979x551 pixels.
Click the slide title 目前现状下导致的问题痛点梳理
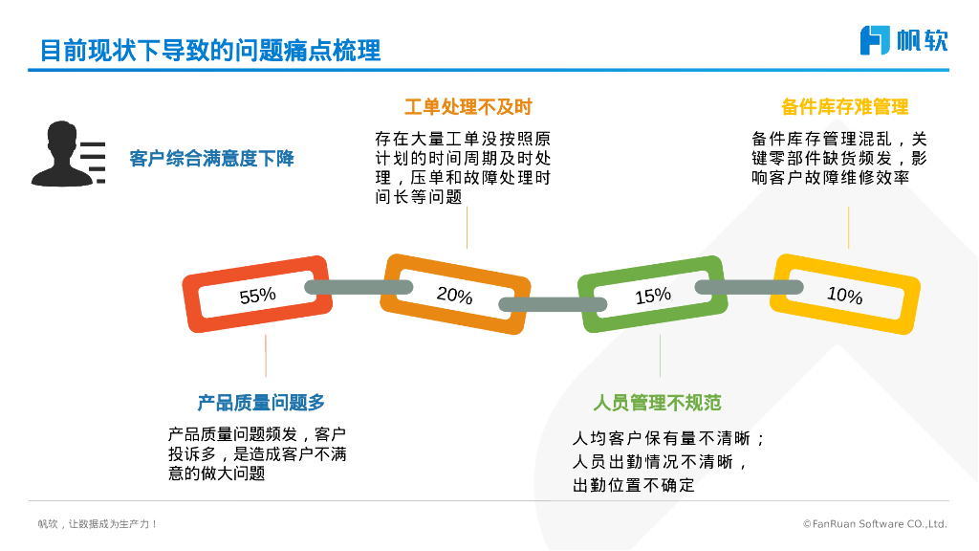(210, 50)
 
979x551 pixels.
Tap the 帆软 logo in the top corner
(903, 40)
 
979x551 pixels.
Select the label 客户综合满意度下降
(211, 159)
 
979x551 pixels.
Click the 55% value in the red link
(257, 296)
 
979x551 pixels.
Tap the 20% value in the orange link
(455, 295)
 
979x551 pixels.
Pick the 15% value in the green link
(653, 296)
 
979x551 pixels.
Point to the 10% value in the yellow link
(844, 295)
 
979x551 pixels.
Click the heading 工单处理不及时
(468, 106)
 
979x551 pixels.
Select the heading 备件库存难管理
(844, 106)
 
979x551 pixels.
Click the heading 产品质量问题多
(261, 403)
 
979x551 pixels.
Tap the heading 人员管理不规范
(657, 403)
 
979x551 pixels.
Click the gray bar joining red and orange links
(358, 287)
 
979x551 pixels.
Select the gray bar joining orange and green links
(554, 305)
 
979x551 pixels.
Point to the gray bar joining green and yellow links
(749, 287)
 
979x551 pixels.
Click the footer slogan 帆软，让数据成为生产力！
(98, 524)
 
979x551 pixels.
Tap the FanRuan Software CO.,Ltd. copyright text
(875, 524)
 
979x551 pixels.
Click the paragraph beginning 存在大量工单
(463, 167)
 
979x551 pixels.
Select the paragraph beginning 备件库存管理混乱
(839, 157)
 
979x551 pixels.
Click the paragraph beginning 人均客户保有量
(668, 462)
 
